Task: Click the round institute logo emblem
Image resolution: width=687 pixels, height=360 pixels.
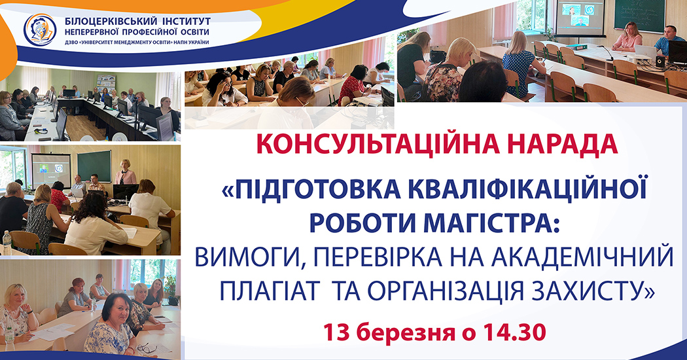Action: pos(40,30)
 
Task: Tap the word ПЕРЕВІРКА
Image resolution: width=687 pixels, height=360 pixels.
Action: pos(378,257)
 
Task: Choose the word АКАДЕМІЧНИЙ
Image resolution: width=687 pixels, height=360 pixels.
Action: pos(582,257)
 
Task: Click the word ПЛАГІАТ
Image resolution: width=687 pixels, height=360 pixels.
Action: pos(268,290)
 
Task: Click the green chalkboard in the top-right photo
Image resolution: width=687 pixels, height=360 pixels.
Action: pos(640,16)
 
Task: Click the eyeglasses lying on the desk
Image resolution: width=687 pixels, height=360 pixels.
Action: pos(147,348)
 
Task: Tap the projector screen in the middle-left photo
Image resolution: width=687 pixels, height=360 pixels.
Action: pos(51,170)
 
